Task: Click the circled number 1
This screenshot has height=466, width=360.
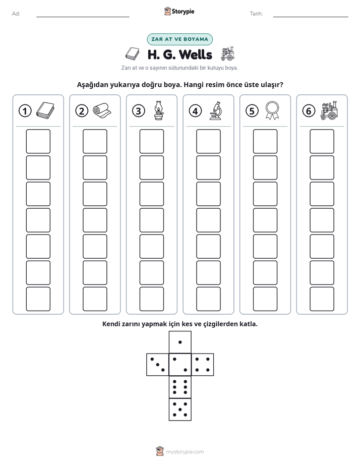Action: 25,111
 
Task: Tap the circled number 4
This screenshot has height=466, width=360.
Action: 195,111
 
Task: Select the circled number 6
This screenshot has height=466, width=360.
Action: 309,111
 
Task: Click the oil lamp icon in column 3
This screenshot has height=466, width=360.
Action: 159,110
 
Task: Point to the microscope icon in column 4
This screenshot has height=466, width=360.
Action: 215,110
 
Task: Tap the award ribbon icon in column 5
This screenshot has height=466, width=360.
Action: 272,110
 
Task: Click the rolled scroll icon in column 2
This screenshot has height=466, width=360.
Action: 102,110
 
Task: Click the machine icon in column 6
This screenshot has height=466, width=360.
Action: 329,110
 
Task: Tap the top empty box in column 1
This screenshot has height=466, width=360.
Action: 38,141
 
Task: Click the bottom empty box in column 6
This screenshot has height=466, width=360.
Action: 322,299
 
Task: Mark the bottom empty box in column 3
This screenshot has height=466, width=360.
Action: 151,299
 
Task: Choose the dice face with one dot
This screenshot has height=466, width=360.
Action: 180,342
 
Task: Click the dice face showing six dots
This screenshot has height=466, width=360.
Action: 180,387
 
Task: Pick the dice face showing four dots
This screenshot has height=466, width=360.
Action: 203,365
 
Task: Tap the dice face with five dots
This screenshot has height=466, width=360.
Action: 180,410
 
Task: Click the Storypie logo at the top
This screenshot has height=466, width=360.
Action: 179,11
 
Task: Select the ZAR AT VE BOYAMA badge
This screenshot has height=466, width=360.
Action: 179,39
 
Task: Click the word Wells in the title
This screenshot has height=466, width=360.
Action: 196,54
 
